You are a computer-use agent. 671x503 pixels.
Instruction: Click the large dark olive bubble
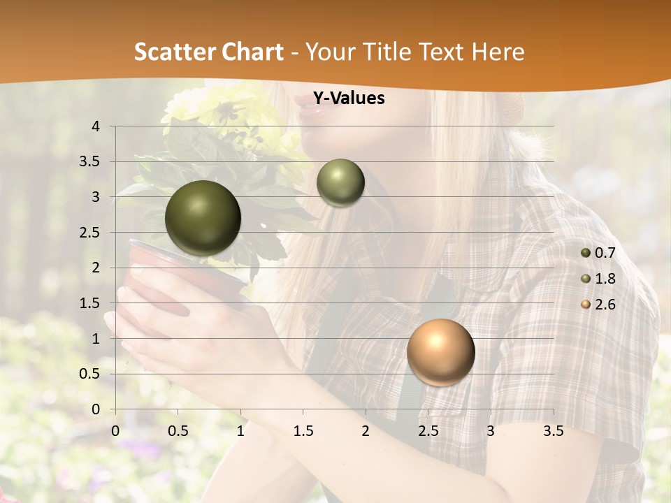pyautogui.click(x=203, y=218)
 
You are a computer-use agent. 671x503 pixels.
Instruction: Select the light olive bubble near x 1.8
pyautogui.click(x=340, y=183)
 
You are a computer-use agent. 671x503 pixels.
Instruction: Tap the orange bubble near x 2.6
pyautogui.click(x=440, y=352)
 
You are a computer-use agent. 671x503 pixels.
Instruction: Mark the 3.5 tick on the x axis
pyautogui.click(x=553, y=432)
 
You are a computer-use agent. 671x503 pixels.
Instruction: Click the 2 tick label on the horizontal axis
pyautogui.click(x=366, y=432)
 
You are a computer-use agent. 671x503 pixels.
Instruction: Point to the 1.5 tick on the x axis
pyautogui.click(x=303, y=432)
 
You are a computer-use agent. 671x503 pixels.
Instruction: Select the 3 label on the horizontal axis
pyautogui.click(x=491, y=432)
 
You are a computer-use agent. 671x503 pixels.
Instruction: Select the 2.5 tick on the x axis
pyautogui.click(x=428, y=432)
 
